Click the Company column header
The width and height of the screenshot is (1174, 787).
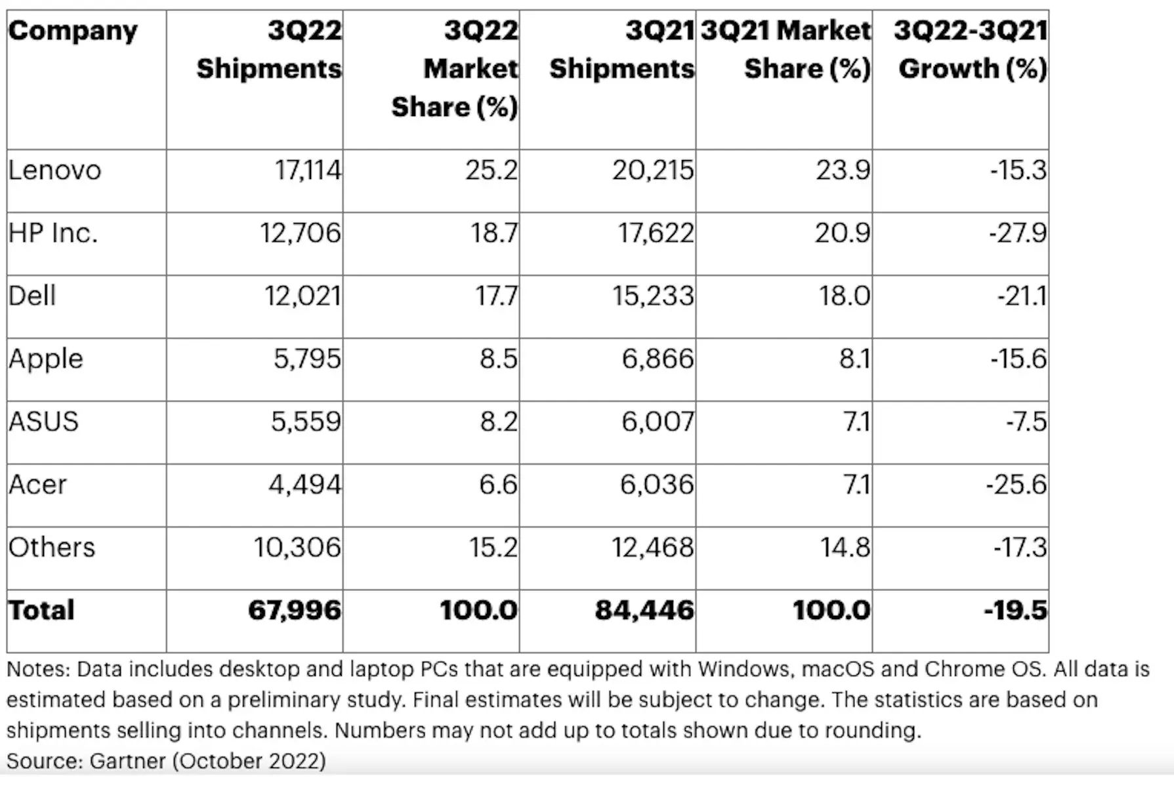[73, 31]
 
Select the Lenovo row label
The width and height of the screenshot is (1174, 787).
[54, 171]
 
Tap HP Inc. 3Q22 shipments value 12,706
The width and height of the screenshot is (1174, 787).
[301, 233]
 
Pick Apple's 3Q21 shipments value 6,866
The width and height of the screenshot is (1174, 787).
[658, 359]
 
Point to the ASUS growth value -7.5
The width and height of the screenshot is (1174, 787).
[1026, 421]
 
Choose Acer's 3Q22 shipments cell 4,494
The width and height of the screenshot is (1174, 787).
[304, 485]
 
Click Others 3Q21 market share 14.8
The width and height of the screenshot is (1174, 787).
[845, 547]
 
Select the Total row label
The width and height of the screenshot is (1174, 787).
[41, 610]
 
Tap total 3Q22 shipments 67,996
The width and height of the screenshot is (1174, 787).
[295, 610]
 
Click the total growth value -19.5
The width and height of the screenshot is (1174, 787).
[1015, 610]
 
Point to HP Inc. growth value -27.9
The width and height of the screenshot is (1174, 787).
[1018, 233]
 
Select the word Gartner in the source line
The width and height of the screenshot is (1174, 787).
[127, 761]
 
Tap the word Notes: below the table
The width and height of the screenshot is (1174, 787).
[38, 669]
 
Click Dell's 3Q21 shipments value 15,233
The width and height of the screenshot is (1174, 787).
[653, 296]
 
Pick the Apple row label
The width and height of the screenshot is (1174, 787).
[46, 359]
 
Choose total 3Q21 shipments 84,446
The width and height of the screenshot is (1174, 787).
[644, 610]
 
